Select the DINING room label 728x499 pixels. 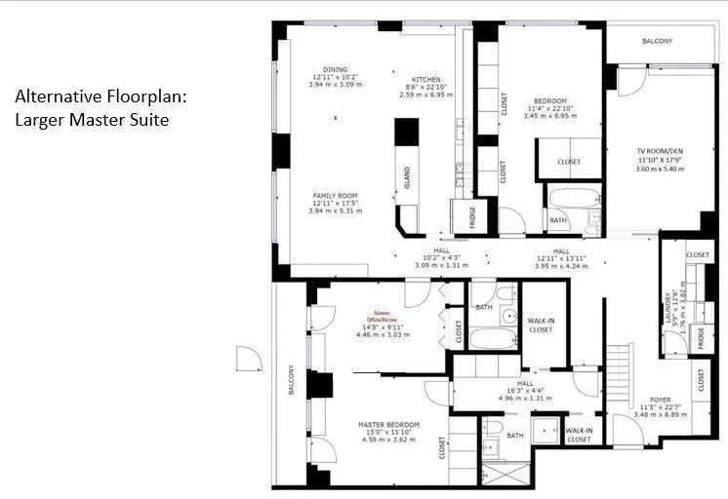pos(336,70)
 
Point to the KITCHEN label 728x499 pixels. pos(425,80)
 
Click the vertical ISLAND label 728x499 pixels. pos(408,177)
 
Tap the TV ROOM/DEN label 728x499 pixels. pos(661,153)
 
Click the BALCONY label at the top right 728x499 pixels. pos(657,41)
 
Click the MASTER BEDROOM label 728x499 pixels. pos(388,425)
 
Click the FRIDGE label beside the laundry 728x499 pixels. pos(700,337)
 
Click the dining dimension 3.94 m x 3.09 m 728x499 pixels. pos(336,85)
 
